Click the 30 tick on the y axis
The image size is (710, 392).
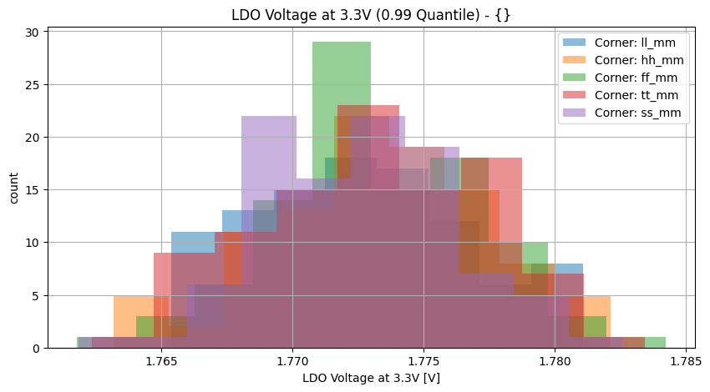click(x=34, y=32)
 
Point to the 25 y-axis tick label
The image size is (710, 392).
click(x=34, y=84)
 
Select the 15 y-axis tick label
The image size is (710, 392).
click(x=34, y=190)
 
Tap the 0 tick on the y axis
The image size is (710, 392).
click(x=38, y=348)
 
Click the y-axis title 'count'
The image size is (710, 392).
click(x=13, y=188)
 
